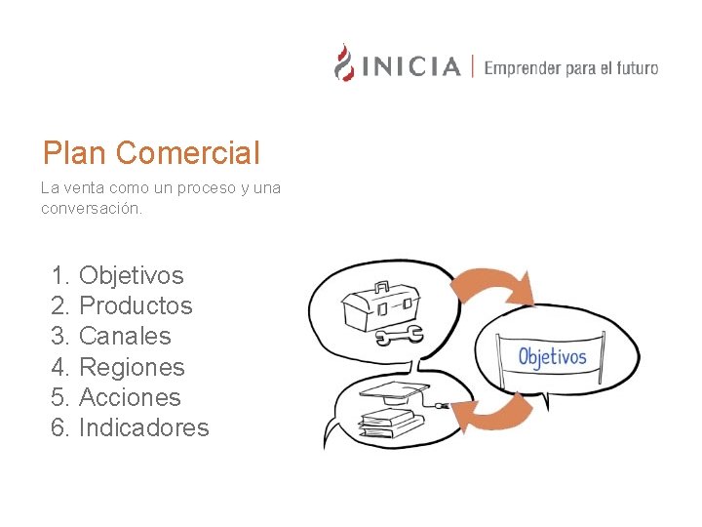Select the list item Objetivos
click(x=131, y=275)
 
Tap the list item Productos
click(x=136, y=305)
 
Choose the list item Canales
click(x=125, y=336)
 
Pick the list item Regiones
click(x=132, y=367)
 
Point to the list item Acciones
click(x=130, y=397)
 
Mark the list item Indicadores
click(x=143, y=427)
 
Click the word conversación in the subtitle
click(x=92, y=208)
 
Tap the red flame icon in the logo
click(x=344, y=62)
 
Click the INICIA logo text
click(x=410, y=67)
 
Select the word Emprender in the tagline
click(x=523, y=68)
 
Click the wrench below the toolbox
click(x=399, y=337)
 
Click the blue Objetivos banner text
click(x=553, y=356)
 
